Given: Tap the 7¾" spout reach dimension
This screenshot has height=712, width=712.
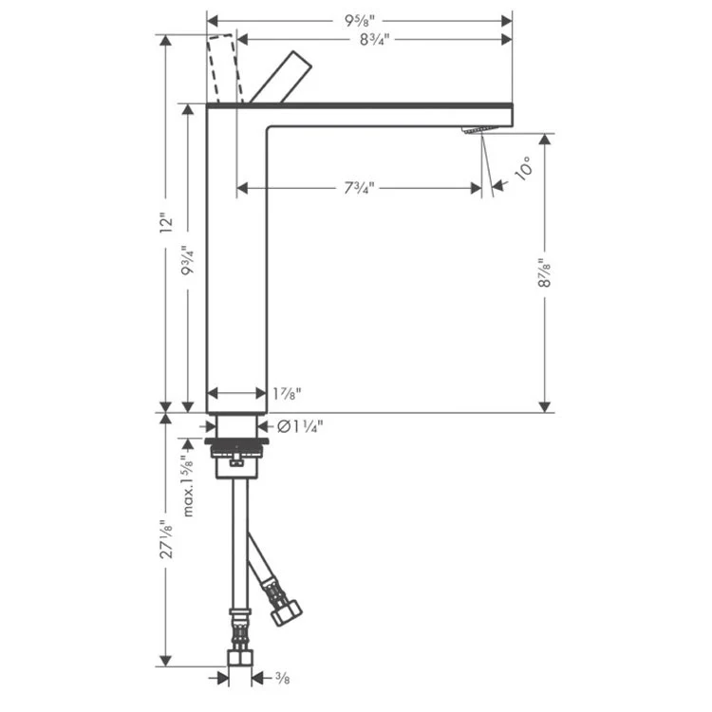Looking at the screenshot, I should pyautogui.click(x=359, y=188).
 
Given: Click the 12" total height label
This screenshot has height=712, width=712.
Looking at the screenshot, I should pyautogui.click(x=168, y=223).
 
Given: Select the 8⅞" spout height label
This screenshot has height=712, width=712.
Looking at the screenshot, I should pyautogui.click(x=545, y=272).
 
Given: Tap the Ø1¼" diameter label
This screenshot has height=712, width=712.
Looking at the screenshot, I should pyautogui.click(x=301, y=426).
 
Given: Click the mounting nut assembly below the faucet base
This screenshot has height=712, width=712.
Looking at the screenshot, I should pyautogui.click(x=240, y=454).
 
